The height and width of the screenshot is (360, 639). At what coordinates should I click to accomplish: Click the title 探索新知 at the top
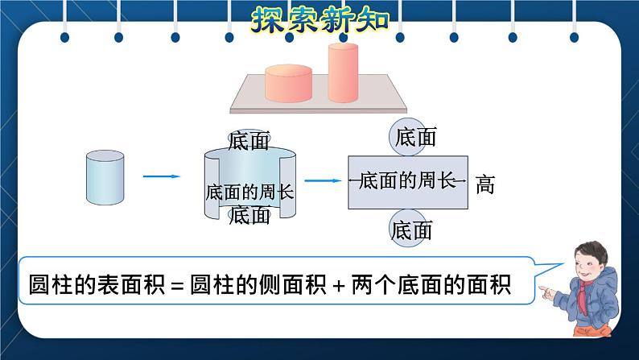[319, 18]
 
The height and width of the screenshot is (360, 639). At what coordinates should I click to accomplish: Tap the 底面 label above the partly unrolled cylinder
[249, 142]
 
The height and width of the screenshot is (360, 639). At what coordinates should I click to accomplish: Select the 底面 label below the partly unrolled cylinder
[250, 215]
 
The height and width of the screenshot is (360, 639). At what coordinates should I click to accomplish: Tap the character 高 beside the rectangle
[484, 184]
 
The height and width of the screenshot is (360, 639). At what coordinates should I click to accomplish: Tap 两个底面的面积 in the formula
[431, 286]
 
